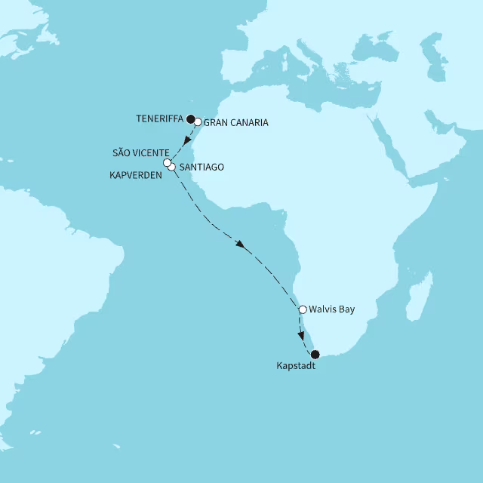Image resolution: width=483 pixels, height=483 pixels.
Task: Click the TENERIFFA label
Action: [x=160, y=118]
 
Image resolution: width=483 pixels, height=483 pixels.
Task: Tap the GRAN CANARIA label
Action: [x=236, y=122]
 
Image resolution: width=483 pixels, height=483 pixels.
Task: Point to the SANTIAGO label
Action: [x=202, y=168]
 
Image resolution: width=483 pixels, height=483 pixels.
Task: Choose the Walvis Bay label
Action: [x=331, y=309]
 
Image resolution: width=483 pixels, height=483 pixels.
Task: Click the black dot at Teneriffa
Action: [x=190, y=118]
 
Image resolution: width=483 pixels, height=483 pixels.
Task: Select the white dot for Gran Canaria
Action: [x=198, y=121]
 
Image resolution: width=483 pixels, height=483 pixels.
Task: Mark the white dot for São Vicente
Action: [x=167, y=162]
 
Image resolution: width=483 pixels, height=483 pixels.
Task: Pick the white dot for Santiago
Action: [x=172, y=167]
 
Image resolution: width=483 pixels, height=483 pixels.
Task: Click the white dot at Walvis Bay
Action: [x=302, y=309]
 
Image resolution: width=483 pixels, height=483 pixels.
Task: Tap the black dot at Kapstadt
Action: [x=315, y=354]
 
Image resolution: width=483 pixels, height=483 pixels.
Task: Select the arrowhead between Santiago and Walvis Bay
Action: [x=240, y=245]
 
